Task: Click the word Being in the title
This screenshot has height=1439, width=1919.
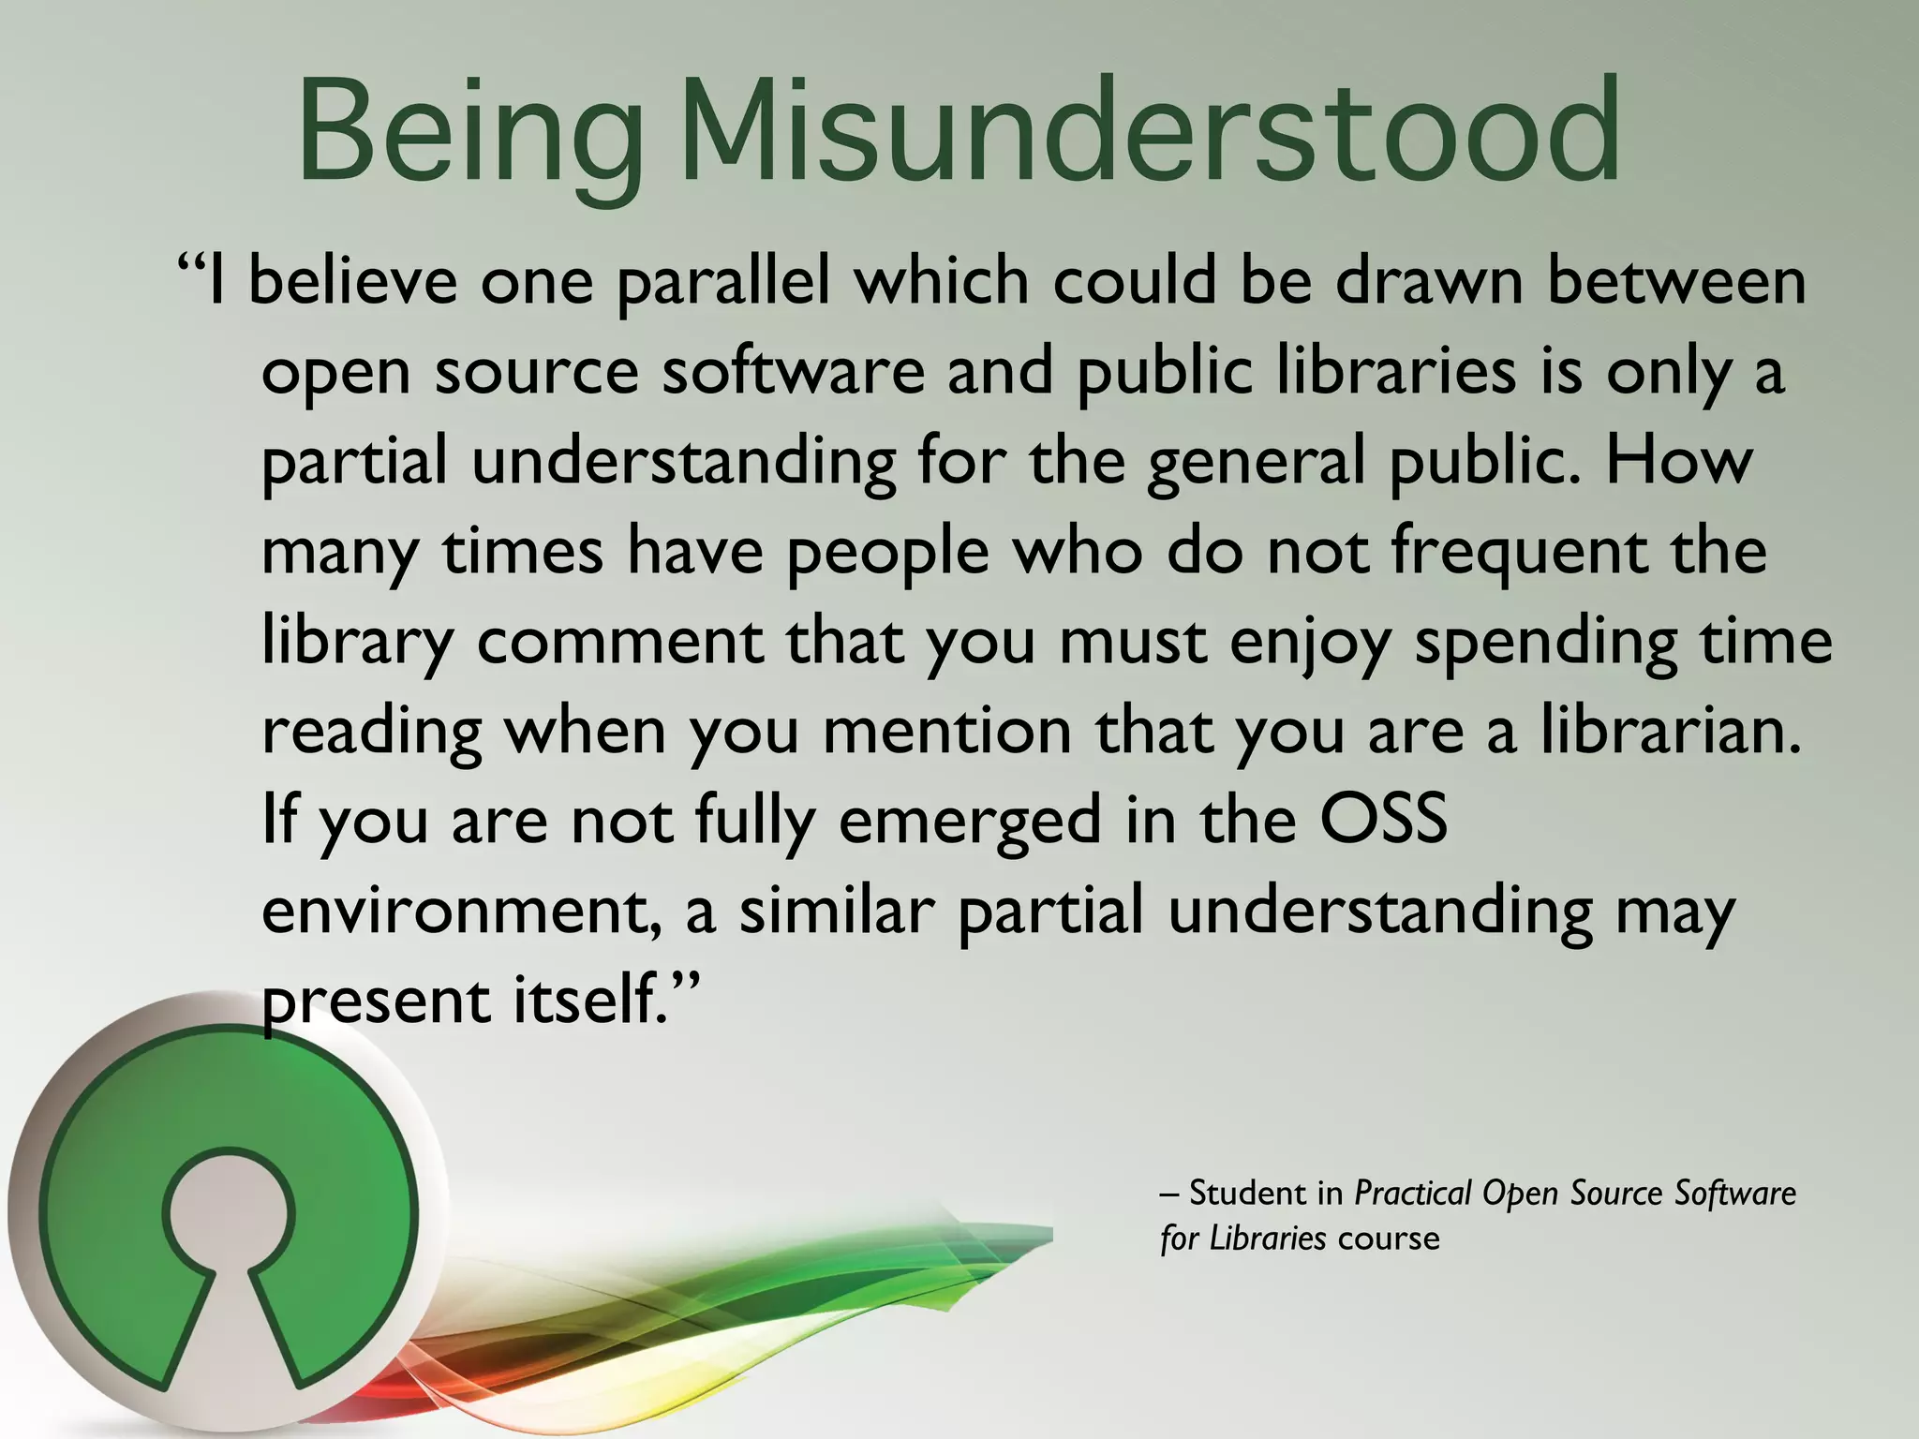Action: (469, 131)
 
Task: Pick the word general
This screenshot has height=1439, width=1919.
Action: (1256, 462)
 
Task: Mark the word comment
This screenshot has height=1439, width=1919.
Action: (619, 642)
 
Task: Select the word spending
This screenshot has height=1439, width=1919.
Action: (1545, 644)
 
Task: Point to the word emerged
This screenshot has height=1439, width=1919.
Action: (970, 822)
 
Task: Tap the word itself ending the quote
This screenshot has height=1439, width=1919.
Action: (591, 1000)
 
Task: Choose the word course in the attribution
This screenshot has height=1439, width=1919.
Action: (1389, 1239)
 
